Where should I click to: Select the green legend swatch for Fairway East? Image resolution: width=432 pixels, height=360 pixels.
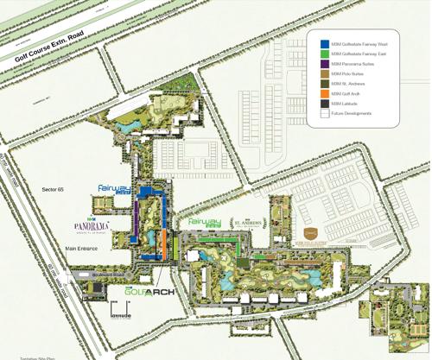[x=323, y=54]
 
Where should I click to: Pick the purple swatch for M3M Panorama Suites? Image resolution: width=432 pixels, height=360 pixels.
[x=323, y=64]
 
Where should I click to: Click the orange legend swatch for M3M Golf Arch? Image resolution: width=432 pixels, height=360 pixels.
[x=323, y=93]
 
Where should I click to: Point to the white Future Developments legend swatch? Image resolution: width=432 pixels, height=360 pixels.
[x=323, y=112]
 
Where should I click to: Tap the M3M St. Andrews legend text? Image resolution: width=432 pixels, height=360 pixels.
[x=350, y=84]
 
